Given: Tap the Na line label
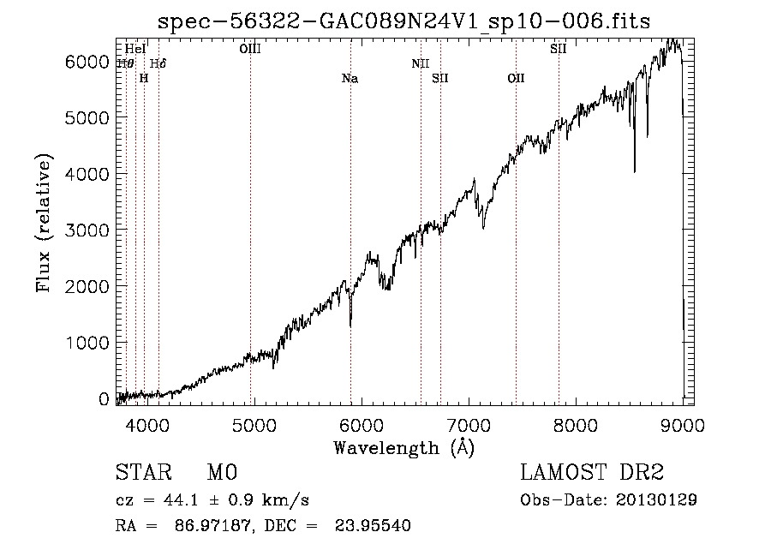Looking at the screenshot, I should pyautogui.click(x=350, y=79).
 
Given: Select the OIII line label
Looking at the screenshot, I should pyautogui.click(x=250, y=49).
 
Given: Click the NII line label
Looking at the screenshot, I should pyautogui.click(x=420, y=63).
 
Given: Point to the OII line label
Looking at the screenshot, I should pyautogui.click(x=516, y=79).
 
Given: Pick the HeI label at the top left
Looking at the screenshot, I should pyautogui.click(x=135, y=49).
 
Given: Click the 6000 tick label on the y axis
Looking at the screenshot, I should pyautogui.click(x=88, y=62).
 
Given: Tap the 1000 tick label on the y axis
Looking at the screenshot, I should pyautogui.click(x=88, y=343).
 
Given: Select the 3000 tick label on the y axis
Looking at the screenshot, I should pyautogui.click(x=88, y=230).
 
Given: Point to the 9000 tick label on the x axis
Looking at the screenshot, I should pyautogui.click(x=683, y=423).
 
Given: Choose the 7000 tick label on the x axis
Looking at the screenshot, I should pyautogui.click(x=468, y=423).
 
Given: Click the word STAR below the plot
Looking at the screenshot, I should pyautogui.click(x=143, y=473).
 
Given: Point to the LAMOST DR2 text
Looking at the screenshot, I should pyautogui.click(x=592, y=473).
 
